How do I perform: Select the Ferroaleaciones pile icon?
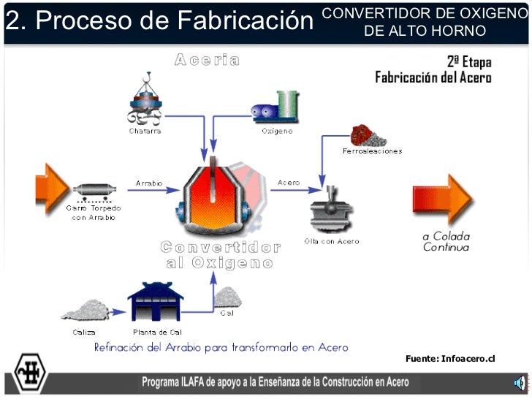[368, 136]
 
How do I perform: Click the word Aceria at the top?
[207, 61]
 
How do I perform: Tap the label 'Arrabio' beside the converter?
[149, 183]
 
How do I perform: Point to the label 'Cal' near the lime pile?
[227, 314]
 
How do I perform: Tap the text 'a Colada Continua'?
[446, 241]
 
